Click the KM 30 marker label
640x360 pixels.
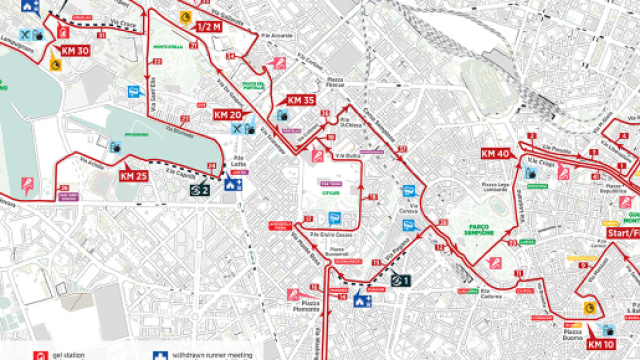[x=76, y=51]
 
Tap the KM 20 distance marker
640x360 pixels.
[x=227, y=115]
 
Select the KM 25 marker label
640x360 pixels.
[x=133, y=176]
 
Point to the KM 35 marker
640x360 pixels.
[x=301, y=100]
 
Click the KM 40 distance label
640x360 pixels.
[x=495, y=153]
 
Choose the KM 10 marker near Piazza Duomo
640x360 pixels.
[x=600, y=345]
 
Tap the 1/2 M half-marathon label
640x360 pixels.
[x=209, y=26]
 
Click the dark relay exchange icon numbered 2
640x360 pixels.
[x=200, y=189]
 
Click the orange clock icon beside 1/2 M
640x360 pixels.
[x=184, y=19]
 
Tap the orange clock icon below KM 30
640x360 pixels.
[x=56, y=66]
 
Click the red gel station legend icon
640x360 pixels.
[x=39, y=355]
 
